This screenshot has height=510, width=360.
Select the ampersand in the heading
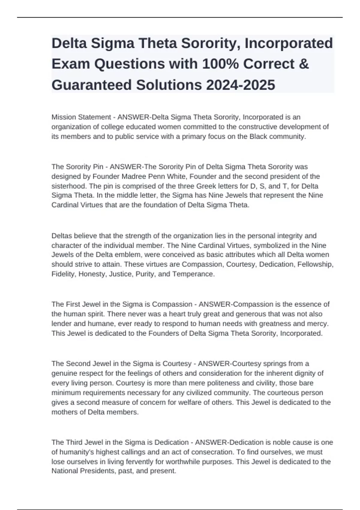(x=304, y=64)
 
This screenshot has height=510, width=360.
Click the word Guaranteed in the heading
(x=91, y=85)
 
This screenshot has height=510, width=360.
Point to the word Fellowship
(x=315, y=264)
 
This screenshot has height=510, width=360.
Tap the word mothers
(x=65, y=412)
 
